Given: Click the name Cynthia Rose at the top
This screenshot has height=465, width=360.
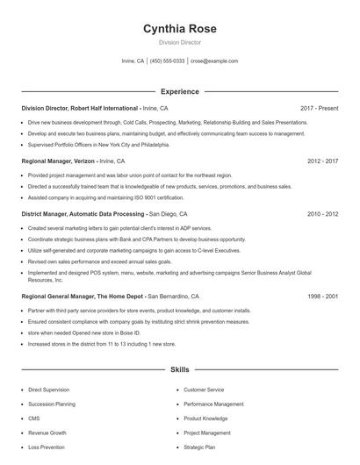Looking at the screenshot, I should [x=179, y=29].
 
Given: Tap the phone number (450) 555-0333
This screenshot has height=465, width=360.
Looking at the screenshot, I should [x=167, y=61].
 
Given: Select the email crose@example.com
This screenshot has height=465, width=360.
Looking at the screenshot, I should [x=214, y=61].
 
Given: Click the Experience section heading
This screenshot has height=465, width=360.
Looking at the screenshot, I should [x=179, y=91].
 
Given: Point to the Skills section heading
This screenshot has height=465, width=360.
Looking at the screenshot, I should [x=179, y=370].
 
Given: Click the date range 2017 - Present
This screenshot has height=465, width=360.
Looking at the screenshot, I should [x=319, y=108].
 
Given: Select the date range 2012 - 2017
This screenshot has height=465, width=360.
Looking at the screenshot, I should [x=322, y=161].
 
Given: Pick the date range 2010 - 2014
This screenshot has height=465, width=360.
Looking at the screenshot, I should [x=322, y=214].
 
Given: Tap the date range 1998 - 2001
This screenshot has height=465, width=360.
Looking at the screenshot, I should [x=322, y=297].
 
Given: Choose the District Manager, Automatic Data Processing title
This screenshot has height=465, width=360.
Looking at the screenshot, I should [x=83, y=214].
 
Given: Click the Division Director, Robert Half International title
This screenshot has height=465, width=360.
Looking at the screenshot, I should [x=79, y=108].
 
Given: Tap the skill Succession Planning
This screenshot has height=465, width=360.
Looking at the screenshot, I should [x=51, y=404].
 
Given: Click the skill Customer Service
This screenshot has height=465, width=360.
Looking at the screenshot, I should [x=204, y=389].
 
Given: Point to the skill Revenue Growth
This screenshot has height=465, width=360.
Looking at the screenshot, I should [x=47, y=433].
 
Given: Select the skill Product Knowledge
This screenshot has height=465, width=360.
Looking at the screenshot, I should [x=205, y=418].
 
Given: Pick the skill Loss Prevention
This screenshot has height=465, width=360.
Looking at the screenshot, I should [x=47, y=447].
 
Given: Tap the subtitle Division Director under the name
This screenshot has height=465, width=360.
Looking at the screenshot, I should [x=179, y=42].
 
